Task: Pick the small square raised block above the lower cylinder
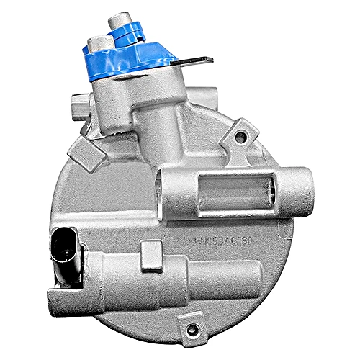tap(152, 252)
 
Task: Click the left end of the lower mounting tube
tap(54, 296)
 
